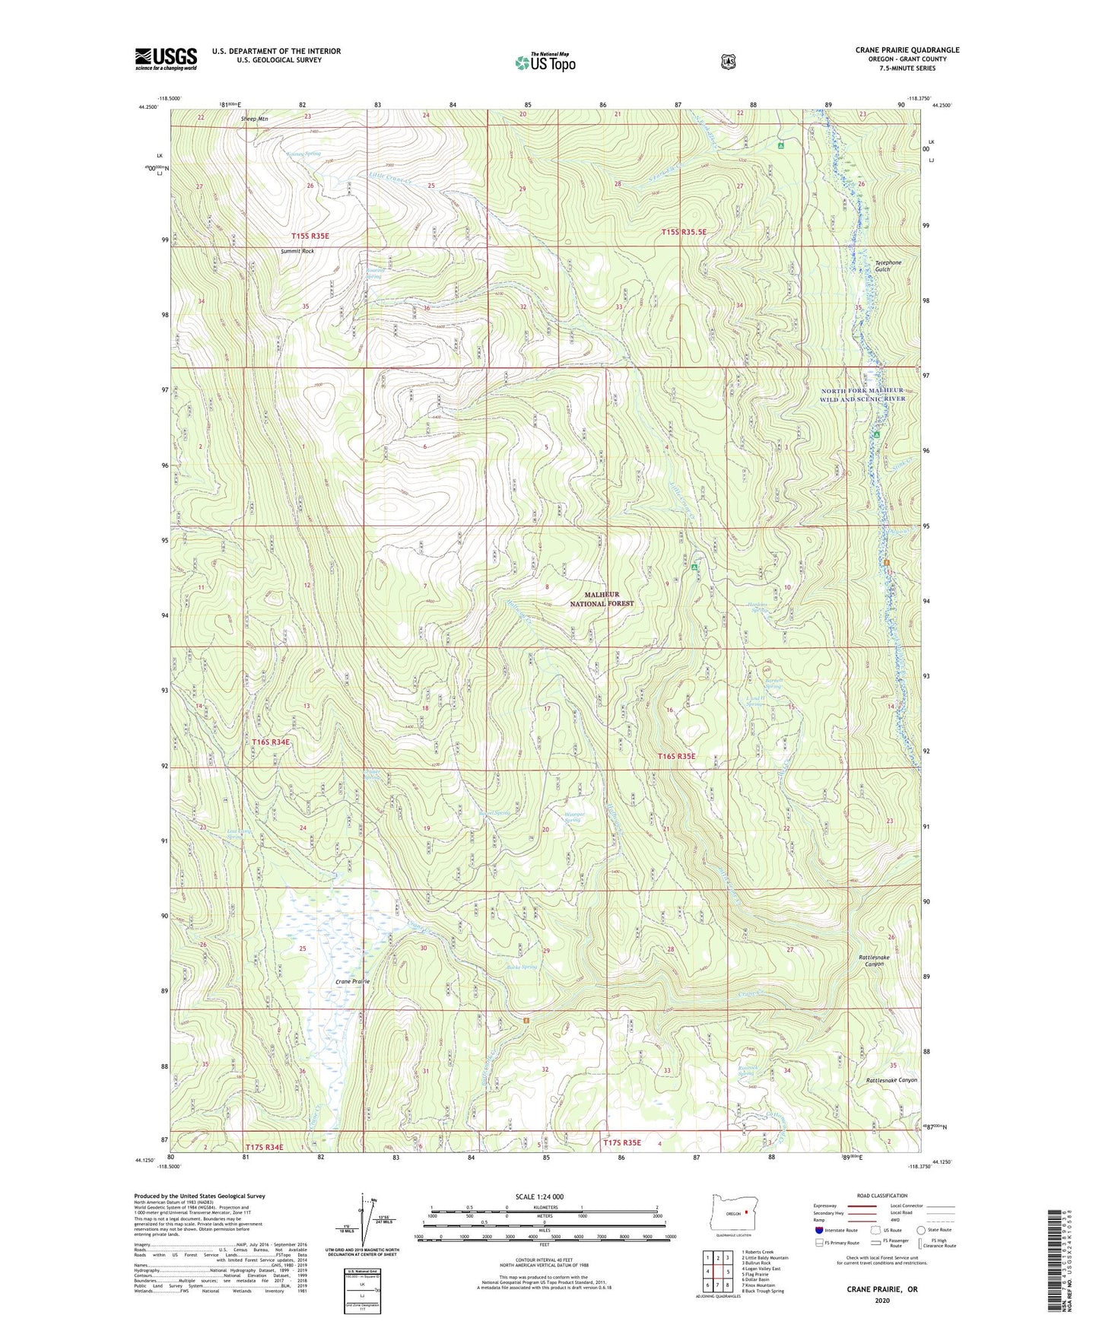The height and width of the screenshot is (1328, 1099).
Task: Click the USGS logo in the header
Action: coord(166,58)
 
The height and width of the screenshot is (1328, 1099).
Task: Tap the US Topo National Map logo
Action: coord(544,62)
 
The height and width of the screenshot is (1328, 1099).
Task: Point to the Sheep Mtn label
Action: coord(254,119)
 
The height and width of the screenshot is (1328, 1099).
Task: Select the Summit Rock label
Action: coord(297,251)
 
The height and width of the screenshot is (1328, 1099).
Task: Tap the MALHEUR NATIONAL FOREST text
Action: coord(602,599)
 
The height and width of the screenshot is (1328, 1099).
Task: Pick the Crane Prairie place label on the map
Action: coord(353,982)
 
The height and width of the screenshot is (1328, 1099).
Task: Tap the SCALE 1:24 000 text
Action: coord(539,1197)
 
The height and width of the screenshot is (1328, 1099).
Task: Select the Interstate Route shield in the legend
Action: coord(818,1230)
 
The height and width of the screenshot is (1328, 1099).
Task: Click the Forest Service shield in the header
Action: coord(728,62)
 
